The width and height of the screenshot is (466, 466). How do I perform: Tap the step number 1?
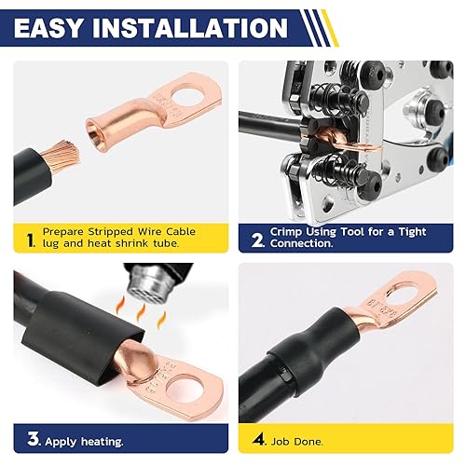30,240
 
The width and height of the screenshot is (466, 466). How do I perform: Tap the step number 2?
256,240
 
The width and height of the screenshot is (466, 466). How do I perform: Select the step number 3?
31,438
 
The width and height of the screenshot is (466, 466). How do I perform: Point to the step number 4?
256,438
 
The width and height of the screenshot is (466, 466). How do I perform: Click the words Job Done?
297,438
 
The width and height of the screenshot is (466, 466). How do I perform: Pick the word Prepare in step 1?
61,229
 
